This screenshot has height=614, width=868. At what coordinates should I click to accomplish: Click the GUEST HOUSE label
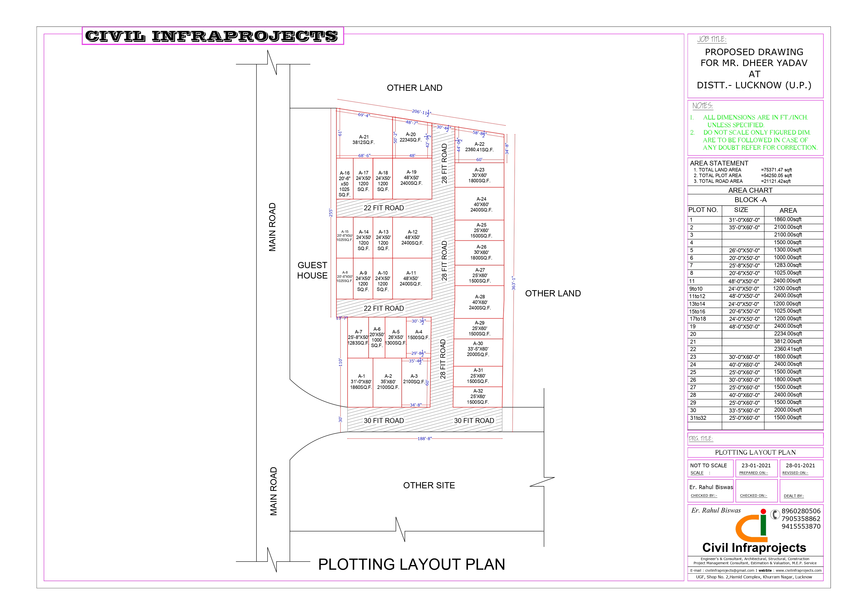(312, 270)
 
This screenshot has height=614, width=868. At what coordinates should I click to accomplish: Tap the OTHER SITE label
(429, 485)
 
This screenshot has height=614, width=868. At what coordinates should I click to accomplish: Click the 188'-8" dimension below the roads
(424, 439)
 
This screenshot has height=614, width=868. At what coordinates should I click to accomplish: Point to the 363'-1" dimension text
(513, 283)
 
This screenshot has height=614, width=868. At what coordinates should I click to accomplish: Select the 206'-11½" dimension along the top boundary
(422, 112)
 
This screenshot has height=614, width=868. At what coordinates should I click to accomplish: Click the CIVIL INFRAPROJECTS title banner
(213, 36)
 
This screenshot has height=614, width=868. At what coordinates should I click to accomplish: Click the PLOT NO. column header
(703, 210)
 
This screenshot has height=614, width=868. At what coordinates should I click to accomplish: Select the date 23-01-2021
(756, 465)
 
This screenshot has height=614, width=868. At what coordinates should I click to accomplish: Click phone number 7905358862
(801, 519)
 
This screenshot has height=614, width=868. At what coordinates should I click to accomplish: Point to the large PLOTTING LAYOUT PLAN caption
(412, 565)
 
